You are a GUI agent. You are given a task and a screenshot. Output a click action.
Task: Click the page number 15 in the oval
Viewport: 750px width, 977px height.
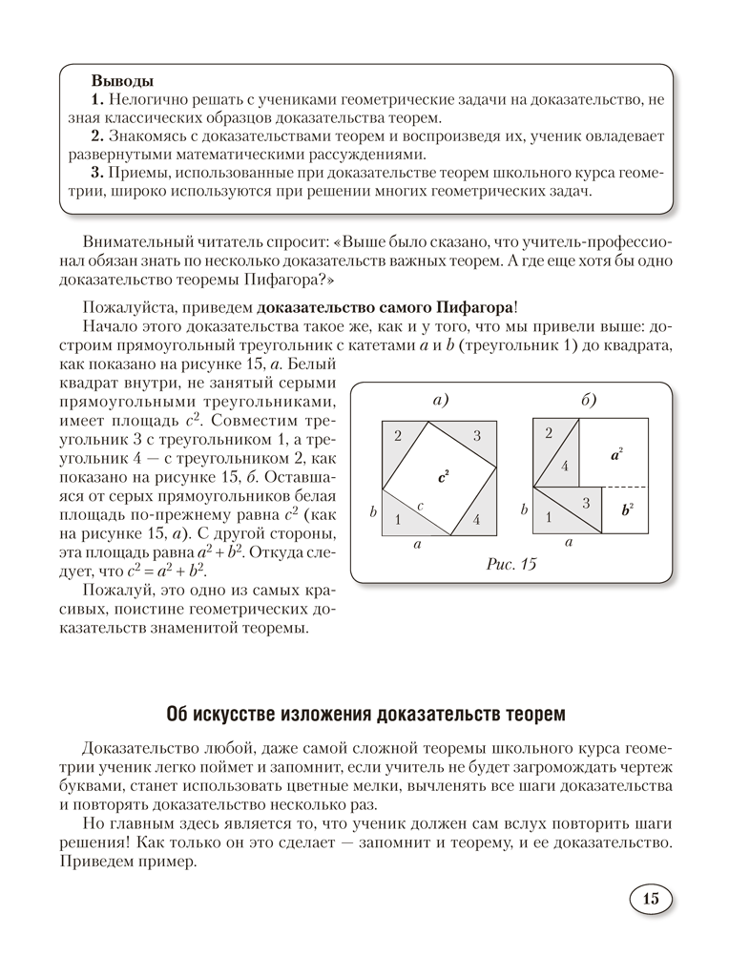click(651, 899)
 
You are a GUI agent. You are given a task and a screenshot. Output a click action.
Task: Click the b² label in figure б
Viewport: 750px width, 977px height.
click(627, 509)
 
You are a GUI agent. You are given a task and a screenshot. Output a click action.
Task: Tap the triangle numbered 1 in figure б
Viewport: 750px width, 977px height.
click(549, 517)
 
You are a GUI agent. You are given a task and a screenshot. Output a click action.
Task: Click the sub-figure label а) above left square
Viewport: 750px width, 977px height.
click(440, 401)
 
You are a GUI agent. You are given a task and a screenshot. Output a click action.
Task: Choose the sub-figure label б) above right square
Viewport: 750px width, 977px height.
click(589, 401)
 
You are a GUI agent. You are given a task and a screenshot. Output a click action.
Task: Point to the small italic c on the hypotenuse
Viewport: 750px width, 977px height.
click(421, 504)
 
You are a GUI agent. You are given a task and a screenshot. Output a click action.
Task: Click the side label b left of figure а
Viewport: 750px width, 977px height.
click(373, 511)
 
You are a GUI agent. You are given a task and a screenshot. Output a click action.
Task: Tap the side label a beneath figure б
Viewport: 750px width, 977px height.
click(569, 542)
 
